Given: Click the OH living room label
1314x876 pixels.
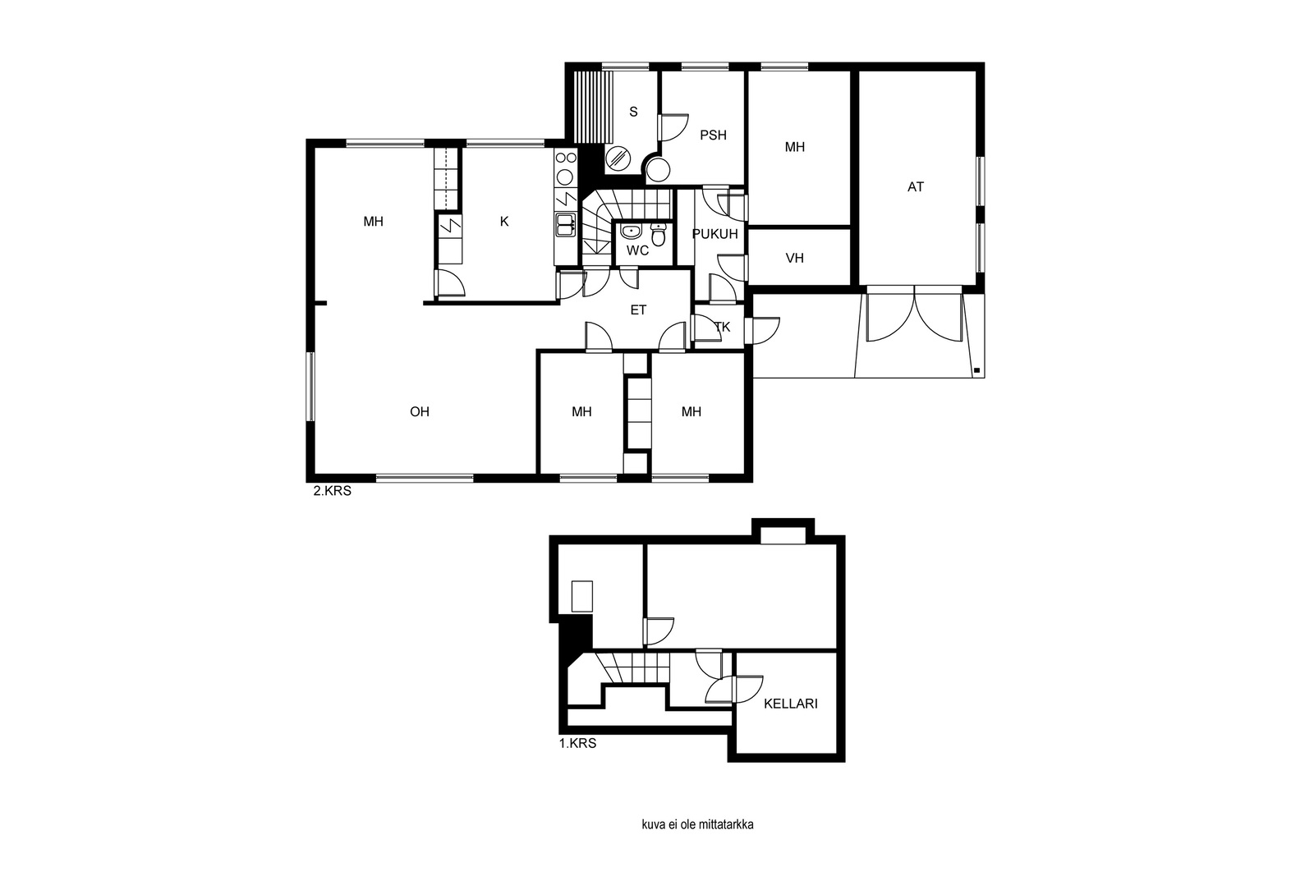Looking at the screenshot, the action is (x=420, y=411).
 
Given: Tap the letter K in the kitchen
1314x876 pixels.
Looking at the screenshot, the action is (x=504, y=222).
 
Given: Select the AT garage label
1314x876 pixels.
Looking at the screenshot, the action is (x=915, y=187).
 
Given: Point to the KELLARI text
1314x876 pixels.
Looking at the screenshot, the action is (x=790, y=704).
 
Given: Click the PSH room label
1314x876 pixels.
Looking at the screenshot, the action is (x=713, y=135).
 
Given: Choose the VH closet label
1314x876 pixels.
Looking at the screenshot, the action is (x=794, y=258).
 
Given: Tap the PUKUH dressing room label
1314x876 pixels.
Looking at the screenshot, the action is (x=714, y=234).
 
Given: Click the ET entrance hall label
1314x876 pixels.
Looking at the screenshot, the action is (x=638, y=310).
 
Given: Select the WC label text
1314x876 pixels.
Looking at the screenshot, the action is (x=637, y=251).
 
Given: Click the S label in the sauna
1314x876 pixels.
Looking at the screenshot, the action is (x=633, y=112).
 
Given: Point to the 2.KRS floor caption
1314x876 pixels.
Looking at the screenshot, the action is (x=332, y=491).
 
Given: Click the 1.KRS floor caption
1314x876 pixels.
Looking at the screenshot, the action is (x=577, y=744).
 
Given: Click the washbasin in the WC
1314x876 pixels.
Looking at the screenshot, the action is (x=631, y=231).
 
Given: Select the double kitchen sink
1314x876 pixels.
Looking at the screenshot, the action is (x=566, y=225).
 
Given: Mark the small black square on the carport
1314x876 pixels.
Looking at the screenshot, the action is (x=976, y=370).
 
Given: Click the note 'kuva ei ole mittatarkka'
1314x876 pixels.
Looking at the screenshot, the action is (x=697, y=824).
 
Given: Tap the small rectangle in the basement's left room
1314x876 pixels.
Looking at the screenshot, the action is (x=582, y=596).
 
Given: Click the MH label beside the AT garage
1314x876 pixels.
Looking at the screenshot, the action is (x=794, y=147).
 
